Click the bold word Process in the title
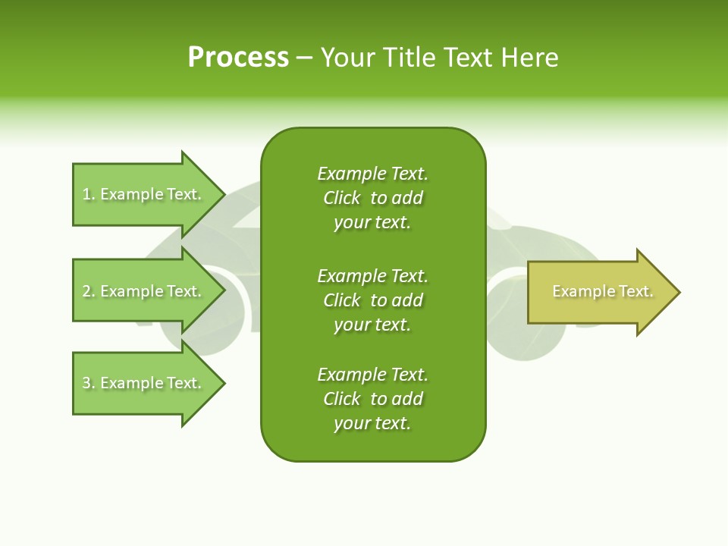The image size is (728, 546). point(238,58)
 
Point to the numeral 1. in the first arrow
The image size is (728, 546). point(88,194)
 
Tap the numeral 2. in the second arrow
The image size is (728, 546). point(88,291)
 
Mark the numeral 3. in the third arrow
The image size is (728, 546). point(88,383)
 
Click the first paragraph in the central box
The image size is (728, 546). point(372,198)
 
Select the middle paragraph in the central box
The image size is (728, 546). point(372,300)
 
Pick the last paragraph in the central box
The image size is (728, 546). point(372,399)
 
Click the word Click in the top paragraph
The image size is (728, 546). point(342,198)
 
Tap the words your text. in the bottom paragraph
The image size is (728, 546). point(372,423)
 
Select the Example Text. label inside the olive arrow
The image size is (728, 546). point(603,291)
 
